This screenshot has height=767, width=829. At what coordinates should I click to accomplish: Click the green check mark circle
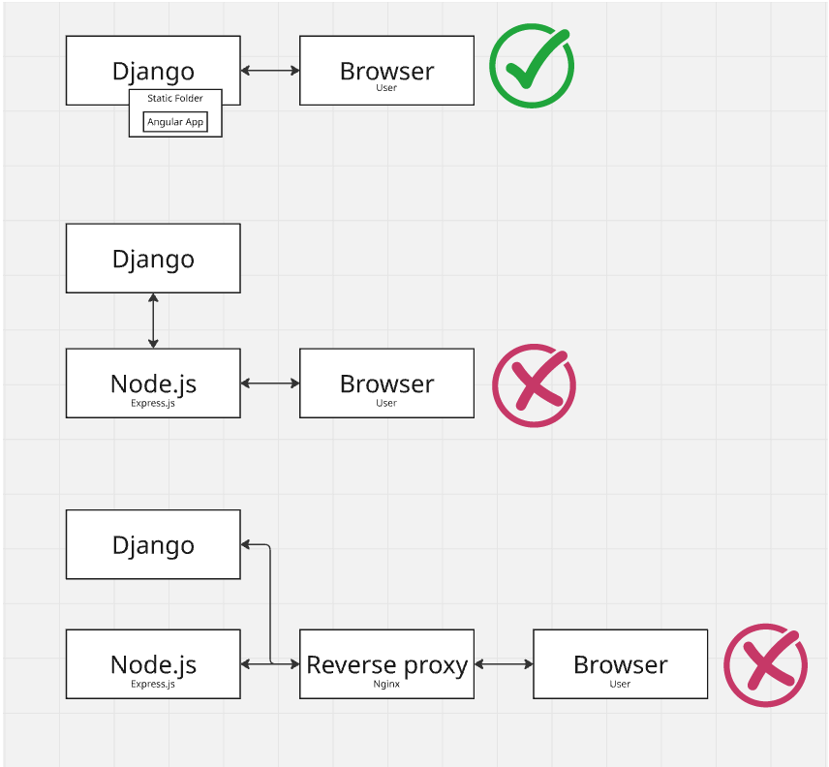coord(531,67)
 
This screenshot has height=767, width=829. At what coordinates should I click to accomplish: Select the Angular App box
coord(175,122)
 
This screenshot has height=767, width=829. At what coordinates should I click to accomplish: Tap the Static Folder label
coord(175,99)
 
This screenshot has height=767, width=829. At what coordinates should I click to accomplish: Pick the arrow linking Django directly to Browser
coord(270,71)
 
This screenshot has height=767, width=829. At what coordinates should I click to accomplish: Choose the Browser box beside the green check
coord(386,71)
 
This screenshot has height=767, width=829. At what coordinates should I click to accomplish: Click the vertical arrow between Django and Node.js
coord(153,321)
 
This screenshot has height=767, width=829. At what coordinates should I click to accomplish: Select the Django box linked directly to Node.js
coord(153,259)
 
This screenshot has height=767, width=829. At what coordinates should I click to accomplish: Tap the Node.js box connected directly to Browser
coord(153,383)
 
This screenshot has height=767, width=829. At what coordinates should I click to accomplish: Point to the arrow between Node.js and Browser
coord(270,383)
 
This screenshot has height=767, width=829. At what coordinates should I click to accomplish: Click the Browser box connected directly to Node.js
coord(386,383)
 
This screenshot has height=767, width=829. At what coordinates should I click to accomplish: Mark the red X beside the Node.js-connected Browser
coord(534,384)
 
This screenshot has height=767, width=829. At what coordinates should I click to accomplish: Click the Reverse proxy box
coord(386,664)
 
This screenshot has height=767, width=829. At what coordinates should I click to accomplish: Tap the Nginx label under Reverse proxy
coord(386,684)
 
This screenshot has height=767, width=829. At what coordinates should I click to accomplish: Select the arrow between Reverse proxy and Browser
coord(504,664)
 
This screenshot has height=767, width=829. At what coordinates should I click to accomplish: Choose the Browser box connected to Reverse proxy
coord(620,664)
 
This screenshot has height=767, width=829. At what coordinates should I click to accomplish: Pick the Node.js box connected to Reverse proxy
coord(153,664)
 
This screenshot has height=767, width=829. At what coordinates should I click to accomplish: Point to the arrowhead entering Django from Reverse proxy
coord(247,545)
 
